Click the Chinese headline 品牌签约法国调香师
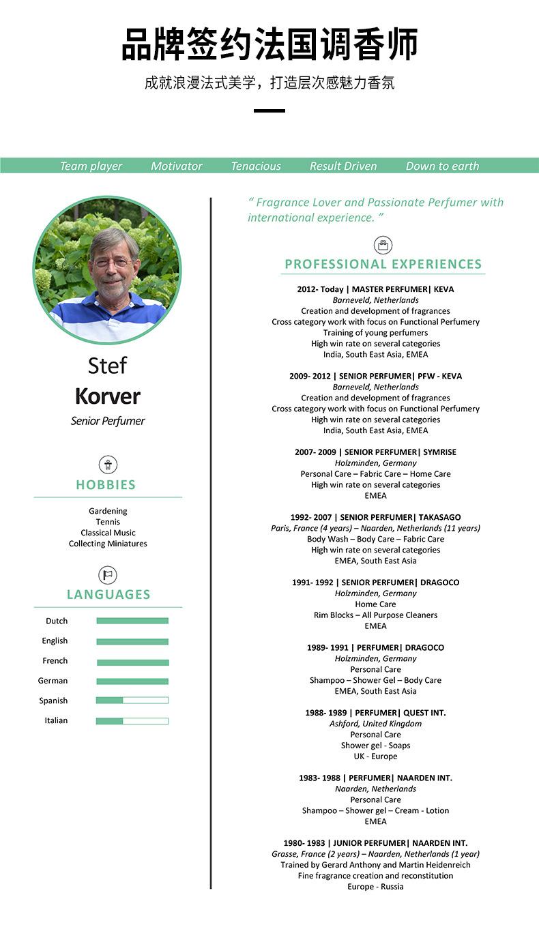(269, 45)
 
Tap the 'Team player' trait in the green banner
(91, 166)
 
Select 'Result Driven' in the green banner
(343, 166)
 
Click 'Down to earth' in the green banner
(442, 166)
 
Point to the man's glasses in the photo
(111, 262)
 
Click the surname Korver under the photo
(108, 396)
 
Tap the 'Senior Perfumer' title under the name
(108, 421)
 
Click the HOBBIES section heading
(106, 485)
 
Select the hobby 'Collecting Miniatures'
(108, 544)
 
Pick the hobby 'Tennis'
(108, 522)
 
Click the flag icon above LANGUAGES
(108, 574)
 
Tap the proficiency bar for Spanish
(132, 701)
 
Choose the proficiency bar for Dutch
(132, 621)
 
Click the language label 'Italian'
(56, 720)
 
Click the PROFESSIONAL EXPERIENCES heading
(383, 264)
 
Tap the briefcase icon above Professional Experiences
(383, 246)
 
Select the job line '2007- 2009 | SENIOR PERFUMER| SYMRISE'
(375, 452)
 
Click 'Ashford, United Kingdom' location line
(375, 724)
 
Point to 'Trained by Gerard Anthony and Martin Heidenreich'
(375, 865)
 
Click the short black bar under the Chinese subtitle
(269, 111)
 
